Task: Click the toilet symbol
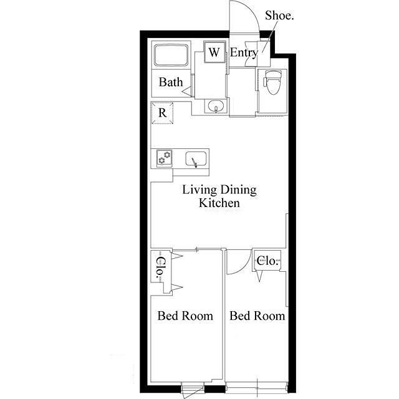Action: coord(272,82)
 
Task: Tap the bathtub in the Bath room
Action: coord(171,55)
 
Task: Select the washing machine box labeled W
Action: coord(214,52)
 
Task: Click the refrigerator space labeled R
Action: coord(162,113)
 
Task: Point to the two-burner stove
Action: coord(164,158)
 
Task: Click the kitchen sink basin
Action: coord(196,159)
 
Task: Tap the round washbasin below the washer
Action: coord(216,105)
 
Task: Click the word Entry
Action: coord(244,53)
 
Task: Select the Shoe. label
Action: coord(279,16)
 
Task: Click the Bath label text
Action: coord(171,82)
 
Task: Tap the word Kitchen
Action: coord(219,203)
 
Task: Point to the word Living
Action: coord(199,190)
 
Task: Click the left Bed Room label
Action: coord(185,316)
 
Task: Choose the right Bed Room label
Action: coord(257,316)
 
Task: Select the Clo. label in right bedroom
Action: coord(267,261)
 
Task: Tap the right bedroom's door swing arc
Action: coord(245,267)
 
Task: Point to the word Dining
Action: coord(238,190)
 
